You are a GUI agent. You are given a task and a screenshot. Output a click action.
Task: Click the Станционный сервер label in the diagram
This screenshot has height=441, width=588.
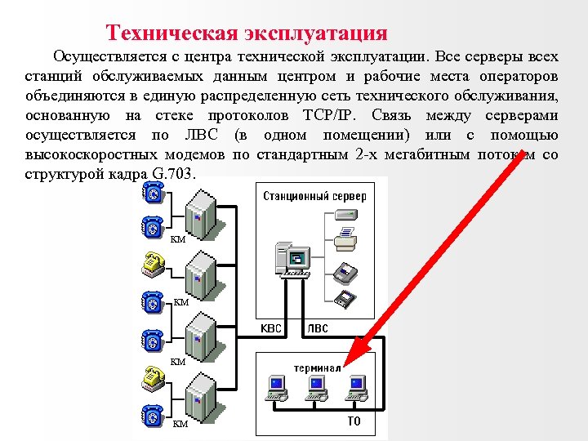pos(314,196)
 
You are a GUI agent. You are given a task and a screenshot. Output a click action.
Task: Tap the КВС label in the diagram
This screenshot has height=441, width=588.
pos(270,329)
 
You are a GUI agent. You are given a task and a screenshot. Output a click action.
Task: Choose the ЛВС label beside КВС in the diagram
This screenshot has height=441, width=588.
pos(318,329)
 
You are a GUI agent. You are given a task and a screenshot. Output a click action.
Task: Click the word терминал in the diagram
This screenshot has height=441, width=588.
pos(318,367)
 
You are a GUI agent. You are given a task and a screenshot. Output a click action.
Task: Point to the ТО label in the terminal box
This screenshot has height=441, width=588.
pos(354,422)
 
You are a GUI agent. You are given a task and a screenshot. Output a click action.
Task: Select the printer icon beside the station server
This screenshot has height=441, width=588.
pos(346,238)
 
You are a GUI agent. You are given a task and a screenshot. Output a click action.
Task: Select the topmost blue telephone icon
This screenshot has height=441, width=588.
pos(152,193)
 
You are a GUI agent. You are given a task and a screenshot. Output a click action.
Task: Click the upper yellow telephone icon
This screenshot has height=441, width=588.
pos(152,261)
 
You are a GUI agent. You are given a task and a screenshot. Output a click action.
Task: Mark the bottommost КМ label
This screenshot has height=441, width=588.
pos(180,424)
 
